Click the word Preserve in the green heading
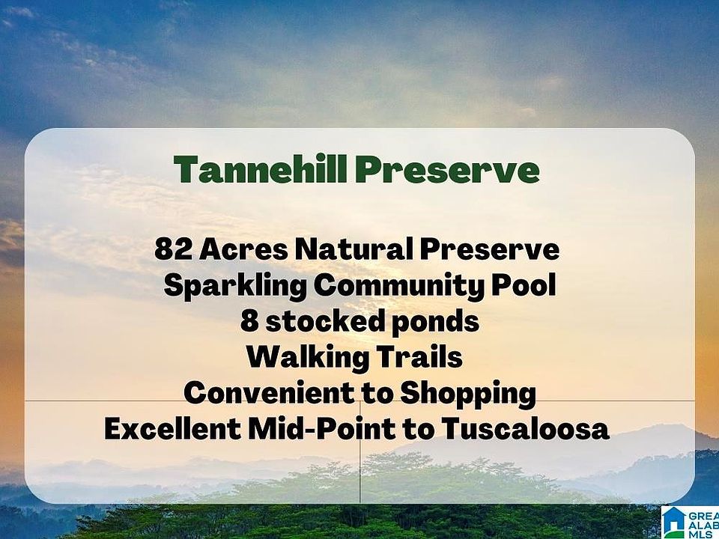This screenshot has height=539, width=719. click(x=447, y=169)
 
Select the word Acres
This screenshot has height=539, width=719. click(x=244, y=250)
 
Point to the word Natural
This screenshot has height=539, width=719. click(x=354, y=250)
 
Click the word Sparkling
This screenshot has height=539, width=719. click(x=235, y=286)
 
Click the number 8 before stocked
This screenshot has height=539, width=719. click(x=249, y=321)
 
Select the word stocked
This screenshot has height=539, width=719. click(x=324, y=320)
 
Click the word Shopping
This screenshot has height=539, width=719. click(x=468, y=394)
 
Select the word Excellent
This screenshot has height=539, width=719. click(x=172, y=429)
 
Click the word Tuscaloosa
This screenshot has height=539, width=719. click(x=526, y=429)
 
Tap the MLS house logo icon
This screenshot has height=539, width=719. click(x=673, y=523)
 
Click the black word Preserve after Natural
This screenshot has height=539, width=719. click(x=489, y=250)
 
